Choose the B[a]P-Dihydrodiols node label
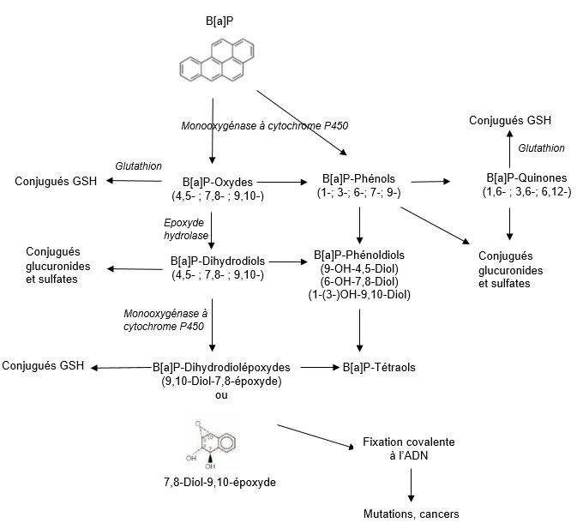pos(217,261)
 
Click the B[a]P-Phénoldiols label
pos(359,255)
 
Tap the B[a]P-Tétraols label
pos(378,367)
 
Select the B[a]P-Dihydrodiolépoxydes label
pos(221,367)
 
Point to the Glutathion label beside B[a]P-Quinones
pos(541,148)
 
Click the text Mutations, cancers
pos(412,514)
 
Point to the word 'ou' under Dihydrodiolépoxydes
pos(221,395)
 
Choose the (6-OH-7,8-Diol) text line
pos(359,281)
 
